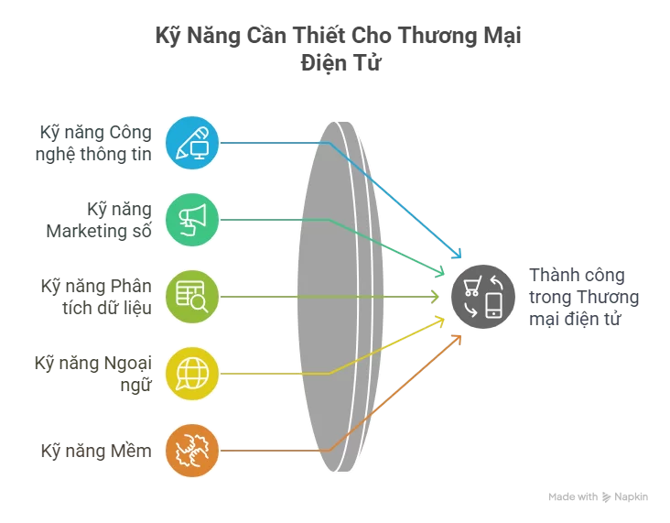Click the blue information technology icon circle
pyautogui.click(x=192, y=141)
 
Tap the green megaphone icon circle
pyautogui.click(x=192, y=219)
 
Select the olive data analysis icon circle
pyautogui.click(x=192, y=296)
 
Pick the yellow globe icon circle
pyautogui.click(x=192, y=373)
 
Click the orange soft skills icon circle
pyautogui.click(x=192, y=451)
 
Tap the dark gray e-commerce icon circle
pyautogui.click(x=483, y=296)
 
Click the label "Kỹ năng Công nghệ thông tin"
pyautogui.click(x=95, y=142)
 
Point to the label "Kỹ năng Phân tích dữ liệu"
pyautogui.click(x=95, y=296)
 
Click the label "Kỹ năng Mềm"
pyautogui.click(x=95, y=451)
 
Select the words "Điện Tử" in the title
pyautogui.click(x=335, y=63)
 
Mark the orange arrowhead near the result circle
pyautogui.click(x=457, y=338)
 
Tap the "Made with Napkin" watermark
pyautogui.click(x=598, y=496)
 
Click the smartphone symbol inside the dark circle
pyautogui.click(x=494, y=305)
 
